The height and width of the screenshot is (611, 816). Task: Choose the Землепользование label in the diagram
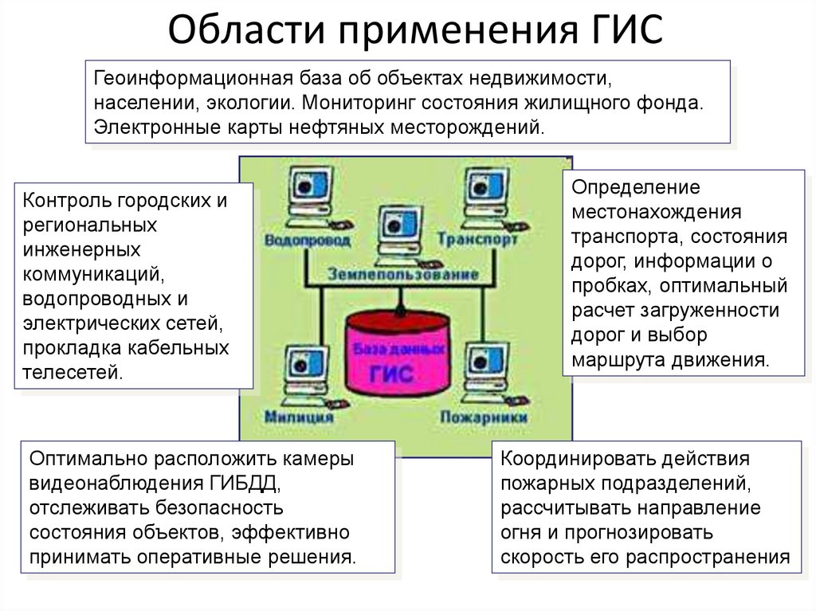403,273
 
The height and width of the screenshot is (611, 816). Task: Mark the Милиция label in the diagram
296,416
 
